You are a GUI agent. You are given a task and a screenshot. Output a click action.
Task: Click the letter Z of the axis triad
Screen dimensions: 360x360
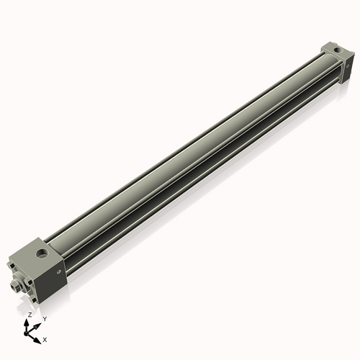[x=29, y=315]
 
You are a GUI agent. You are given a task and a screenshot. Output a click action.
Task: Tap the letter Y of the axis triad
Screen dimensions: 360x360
[x=45, y=318]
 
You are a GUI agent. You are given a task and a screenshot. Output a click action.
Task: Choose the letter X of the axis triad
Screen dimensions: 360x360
[x=45, y=338]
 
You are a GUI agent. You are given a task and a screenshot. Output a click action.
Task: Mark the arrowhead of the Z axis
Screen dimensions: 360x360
[x=30, y=320]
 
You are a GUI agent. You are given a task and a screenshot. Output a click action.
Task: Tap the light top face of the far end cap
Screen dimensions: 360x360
[x=333, y=49]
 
